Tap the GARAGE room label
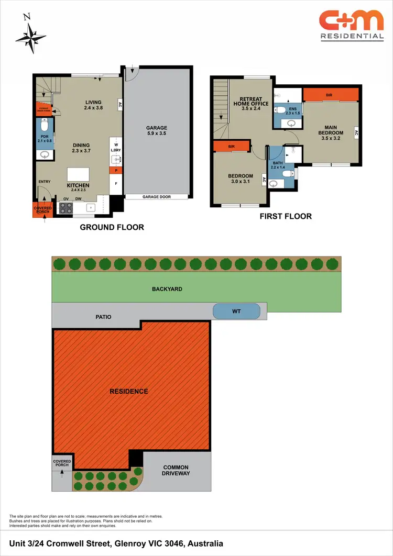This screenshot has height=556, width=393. [157, 131]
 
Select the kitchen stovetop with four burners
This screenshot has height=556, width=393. [66, 208]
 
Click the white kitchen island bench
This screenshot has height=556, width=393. [78, 174]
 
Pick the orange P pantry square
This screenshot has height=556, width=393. [115, 171]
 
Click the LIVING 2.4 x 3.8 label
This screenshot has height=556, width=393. [93, 105]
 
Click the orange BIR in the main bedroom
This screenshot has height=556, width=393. [330, 94]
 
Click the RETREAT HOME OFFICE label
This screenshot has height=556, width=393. [250, 104]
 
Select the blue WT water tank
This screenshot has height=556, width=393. [236, 312]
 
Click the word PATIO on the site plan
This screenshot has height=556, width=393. [103, 317]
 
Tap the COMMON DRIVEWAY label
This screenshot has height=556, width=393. [176, 470]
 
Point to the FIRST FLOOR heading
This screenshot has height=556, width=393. [286, 216]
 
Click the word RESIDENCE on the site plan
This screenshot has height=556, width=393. [128, 391]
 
